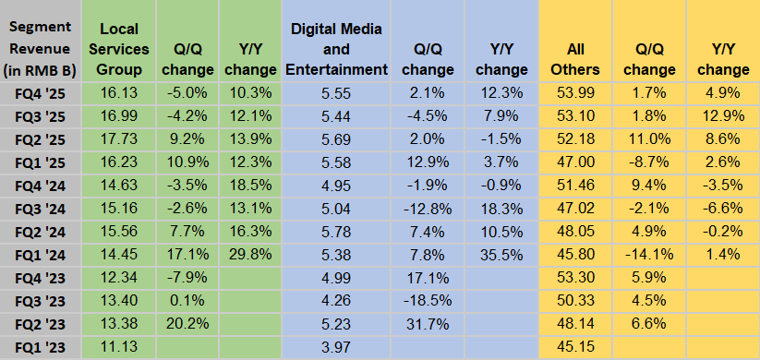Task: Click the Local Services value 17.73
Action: (x=119, y=139)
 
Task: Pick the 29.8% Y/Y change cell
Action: (x=250, y=255)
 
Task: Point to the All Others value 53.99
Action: (x=581, y=94)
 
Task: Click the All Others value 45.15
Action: (x=581, y=347)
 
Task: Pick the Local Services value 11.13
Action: (x=119, y=347)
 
